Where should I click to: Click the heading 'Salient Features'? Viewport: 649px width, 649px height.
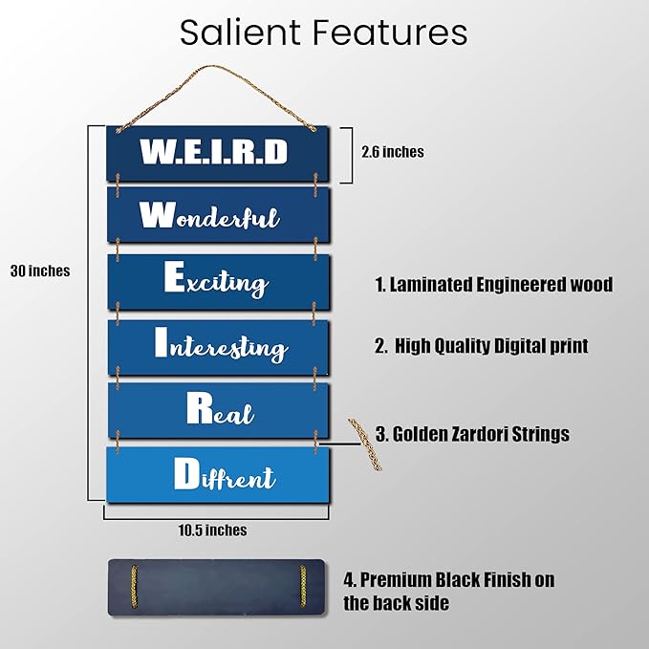[324, 32]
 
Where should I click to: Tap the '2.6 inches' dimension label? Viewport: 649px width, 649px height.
[393, 152]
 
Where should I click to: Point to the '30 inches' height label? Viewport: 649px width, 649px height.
[40, 270]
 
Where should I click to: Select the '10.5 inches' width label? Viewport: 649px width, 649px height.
[212, 530]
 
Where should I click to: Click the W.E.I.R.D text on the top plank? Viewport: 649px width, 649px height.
[213, 151]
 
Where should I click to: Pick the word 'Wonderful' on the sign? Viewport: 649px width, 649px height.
[209, 215]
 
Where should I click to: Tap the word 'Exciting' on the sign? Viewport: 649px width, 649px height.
[216, 280]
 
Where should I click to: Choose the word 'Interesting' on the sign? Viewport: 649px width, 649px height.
[221, 345]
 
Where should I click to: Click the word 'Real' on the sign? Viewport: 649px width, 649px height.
[220, 409]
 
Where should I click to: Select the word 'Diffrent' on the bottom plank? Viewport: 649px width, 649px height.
[225, 474]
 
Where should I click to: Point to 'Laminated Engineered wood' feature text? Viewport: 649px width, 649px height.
[494, 284]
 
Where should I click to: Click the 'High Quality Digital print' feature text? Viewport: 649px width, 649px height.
[482, 346]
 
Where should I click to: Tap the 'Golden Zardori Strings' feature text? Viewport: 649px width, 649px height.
[472, 434]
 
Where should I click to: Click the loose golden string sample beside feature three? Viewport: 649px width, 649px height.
[365, 444]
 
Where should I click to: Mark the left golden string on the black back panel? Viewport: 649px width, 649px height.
[134, 587]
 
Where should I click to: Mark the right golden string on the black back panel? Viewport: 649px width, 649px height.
[303, 586]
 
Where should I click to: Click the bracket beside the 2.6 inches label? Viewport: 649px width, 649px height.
[347, 155]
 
